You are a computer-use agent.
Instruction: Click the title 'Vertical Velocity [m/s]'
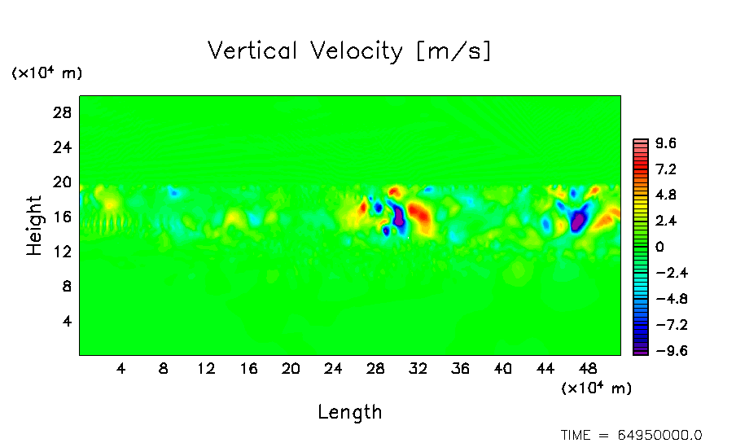click(349, 51)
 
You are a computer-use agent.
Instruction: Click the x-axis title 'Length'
click(349, 412)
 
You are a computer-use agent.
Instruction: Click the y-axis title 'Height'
click(34, 226)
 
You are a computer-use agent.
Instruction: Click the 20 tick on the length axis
click(291, 368)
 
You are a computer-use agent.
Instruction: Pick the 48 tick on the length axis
click(545, 368)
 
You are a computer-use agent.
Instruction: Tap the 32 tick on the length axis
click(418, 368)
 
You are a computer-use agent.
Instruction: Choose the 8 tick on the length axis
click(164, 368)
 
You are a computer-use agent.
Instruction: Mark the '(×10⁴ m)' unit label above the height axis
click(46, 73)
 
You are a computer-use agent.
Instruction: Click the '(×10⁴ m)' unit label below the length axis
click(596, 388)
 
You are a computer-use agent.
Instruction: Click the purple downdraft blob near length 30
click(399, 217)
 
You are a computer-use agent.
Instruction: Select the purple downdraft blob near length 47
click(578, 219)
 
